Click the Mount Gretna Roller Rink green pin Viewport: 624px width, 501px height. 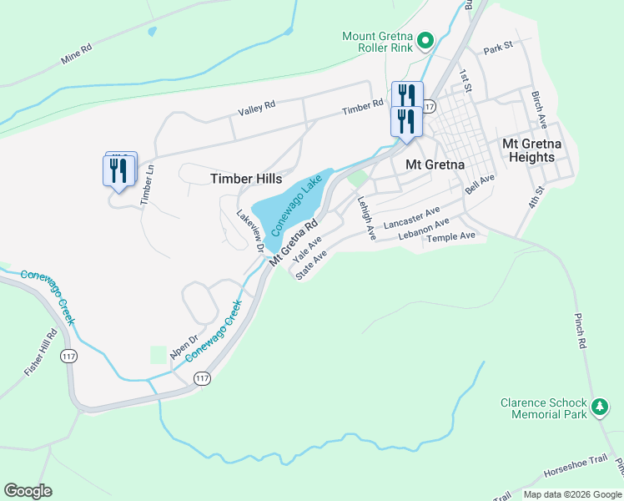[425, 40]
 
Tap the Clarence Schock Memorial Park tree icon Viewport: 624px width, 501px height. [599, 407]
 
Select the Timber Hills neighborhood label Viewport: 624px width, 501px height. [246, 179]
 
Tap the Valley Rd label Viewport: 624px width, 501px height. [256, 108]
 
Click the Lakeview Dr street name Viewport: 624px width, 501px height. [249, 230]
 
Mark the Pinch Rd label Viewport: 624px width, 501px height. [581, 331]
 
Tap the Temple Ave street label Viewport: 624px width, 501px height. [450, 237]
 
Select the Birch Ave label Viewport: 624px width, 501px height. [538, 107]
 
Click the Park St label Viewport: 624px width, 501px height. [496, 48]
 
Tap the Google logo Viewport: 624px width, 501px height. [28, 491]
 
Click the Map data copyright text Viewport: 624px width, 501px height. [571, 494]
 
